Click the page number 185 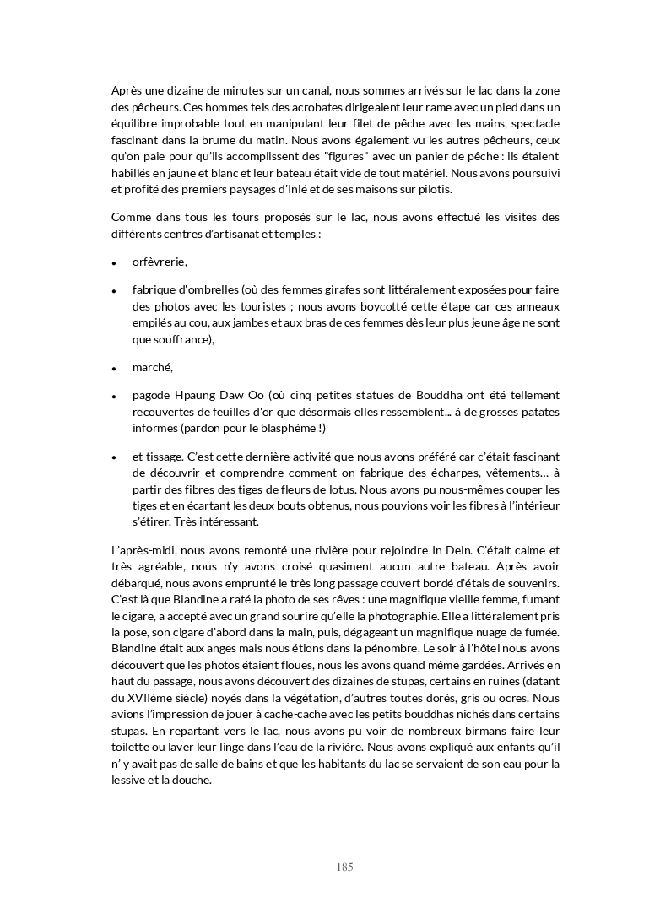[x=344, y=867]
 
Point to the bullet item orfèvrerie [x=160, y=262]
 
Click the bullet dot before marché [x=113, y=369]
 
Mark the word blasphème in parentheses [x=285, y=428]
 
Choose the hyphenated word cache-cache [x=292, y=715]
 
